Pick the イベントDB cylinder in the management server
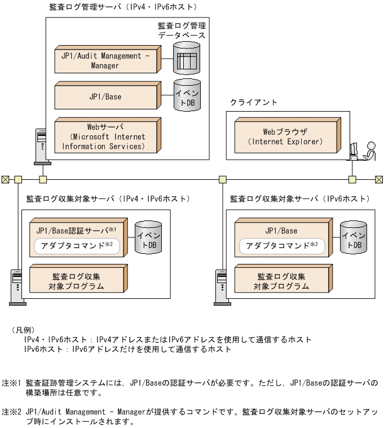pos(187,96)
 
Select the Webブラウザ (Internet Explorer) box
pos(285,136)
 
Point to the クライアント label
pos(253,102)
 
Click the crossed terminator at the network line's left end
pos(5,179)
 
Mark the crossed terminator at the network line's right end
pos(379,179)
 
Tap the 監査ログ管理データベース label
pos(182,30)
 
